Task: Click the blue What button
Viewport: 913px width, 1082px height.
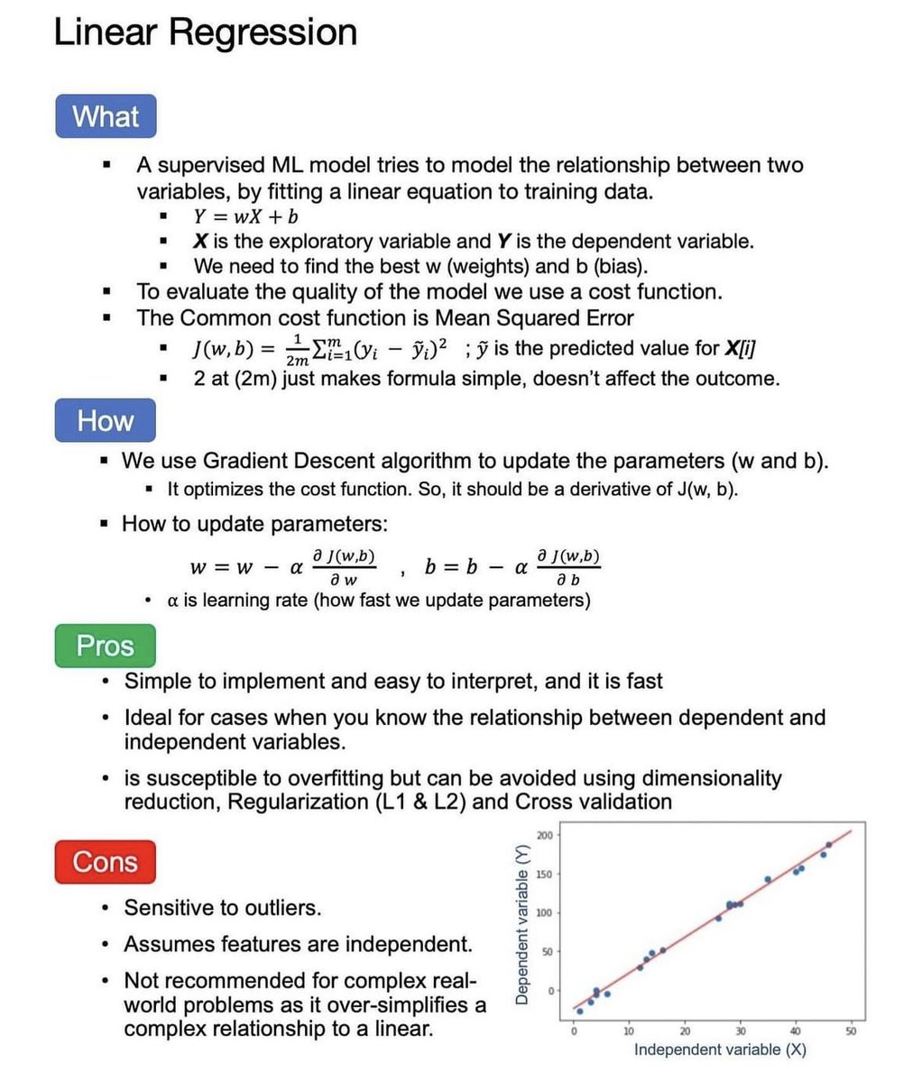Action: tap(106, 116)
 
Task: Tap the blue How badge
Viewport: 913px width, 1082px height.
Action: tap(105, 420)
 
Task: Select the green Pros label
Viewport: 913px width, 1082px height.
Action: tap(105, 646)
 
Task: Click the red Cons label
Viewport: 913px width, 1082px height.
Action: tap(105, 862)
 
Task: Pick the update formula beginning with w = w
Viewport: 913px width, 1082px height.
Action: tap(283, 568)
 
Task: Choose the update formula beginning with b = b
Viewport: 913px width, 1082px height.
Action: tap(512, 568)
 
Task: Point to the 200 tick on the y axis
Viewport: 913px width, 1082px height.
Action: tap(545, 835)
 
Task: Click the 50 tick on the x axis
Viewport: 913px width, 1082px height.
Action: tap(851, 1032)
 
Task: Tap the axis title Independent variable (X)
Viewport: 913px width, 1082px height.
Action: tap(720, 1050)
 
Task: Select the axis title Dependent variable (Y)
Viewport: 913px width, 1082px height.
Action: tap(521, 924)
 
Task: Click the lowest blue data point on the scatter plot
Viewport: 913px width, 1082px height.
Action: tap(579, 1011)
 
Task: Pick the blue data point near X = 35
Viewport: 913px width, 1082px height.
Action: tap(768, 879)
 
